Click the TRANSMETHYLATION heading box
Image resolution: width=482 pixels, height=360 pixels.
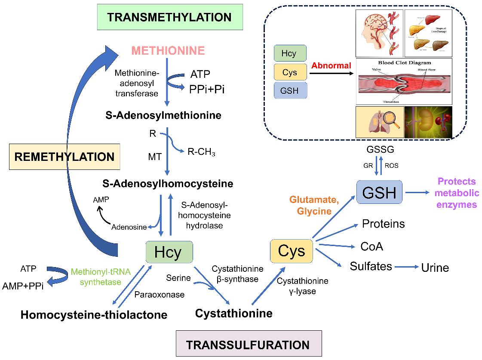(x=169, y=17)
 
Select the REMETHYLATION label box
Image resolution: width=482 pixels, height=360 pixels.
(x=64, y=156)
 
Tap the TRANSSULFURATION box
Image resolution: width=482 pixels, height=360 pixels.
(x=249, y=345)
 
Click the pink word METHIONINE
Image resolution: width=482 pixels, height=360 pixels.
(x=168, y=51)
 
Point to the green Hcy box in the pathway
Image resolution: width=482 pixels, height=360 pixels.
(x=169, y=252)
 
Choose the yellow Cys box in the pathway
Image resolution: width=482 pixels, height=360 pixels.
(x=291, y=251)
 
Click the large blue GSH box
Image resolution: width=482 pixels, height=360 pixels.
(x=379, y=192)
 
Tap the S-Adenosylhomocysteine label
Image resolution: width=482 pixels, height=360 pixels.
(x=168, y=184)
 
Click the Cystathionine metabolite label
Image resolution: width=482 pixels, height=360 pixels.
(x=233, y=314)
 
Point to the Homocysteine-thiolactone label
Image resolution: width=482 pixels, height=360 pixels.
(x=94, y=315)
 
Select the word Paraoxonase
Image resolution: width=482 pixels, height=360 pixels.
(x=159, y=295)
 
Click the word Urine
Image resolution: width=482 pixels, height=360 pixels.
(x=435, y=268)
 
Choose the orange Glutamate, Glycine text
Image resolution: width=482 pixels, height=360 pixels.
(x=310, y=205)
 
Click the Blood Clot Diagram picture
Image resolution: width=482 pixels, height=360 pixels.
(x=404, y=82)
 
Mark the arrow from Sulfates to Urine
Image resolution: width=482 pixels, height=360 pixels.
(x=406, y=267)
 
